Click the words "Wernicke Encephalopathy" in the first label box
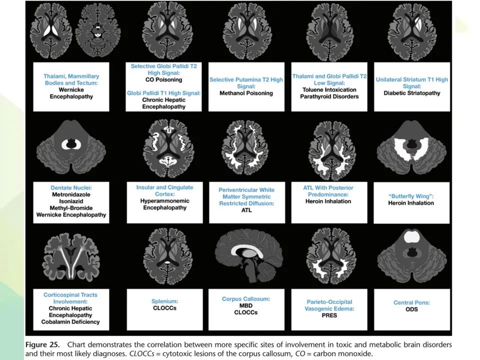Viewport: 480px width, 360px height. [71, 93]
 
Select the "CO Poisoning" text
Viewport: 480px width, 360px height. [164, 79]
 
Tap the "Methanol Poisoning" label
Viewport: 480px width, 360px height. [246, 93]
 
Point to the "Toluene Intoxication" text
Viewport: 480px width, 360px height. [329, 89]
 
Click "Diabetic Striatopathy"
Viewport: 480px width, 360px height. [412, 93]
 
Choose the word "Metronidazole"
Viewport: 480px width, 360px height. [71, 194]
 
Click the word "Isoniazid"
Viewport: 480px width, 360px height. [71, 201]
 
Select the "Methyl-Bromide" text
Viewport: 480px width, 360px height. [71, 208]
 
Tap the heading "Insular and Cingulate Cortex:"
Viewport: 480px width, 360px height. [164, 190]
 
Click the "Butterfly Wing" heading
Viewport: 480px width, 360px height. [411, 196]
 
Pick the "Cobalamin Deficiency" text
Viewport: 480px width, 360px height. [70, 321]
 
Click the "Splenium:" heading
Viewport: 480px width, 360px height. [164, 301]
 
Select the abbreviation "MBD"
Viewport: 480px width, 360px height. [246, 305]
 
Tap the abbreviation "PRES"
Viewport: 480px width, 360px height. [329, 315]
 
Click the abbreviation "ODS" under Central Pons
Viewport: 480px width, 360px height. [411, 309]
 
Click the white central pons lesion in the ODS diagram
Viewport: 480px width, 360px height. [412, 237]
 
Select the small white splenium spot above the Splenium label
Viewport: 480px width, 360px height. [167, 262]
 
